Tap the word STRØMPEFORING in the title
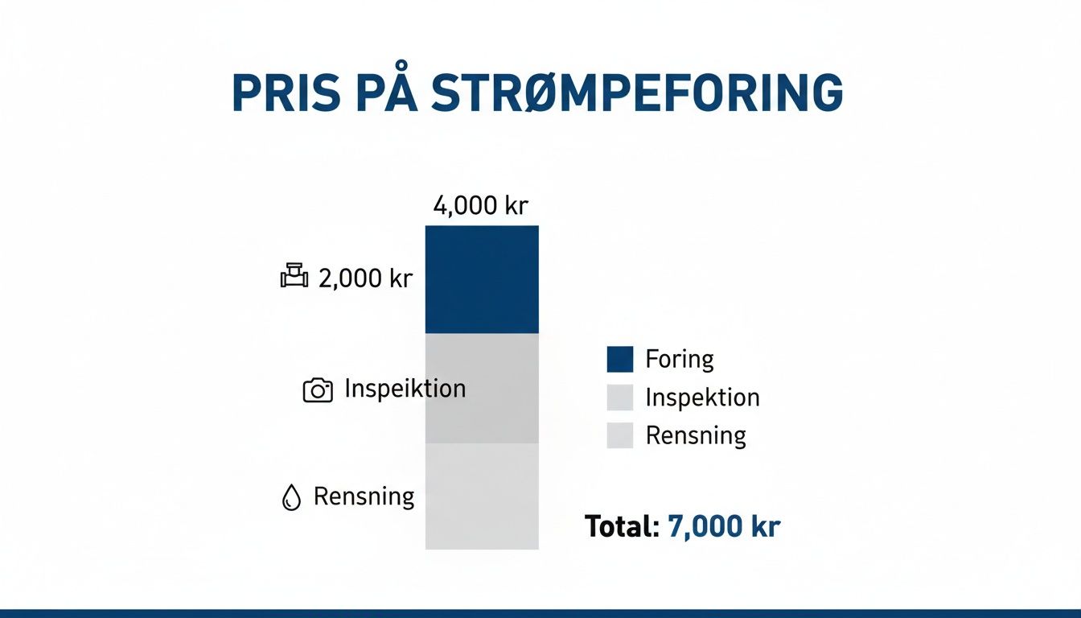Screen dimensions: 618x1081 [637, 93]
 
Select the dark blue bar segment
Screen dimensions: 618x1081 [482, 279]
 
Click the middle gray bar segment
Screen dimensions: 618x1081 [482, 388]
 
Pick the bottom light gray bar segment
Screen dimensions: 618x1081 [482, 496]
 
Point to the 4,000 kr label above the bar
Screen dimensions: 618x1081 [480, 205]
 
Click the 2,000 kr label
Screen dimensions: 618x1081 [365, 278]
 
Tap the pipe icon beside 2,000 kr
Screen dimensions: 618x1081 [294, 276]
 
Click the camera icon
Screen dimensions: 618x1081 [317, 390]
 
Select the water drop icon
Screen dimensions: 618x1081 [290, 498]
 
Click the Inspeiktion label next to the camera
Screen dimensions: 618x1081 [405, 389]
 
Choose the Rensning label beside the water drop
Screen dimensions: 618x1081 [364, 496]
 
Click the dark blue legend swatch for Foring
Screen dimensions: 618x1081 [620, 359]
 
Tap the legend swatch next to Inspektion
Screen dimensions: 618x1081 [620, 398]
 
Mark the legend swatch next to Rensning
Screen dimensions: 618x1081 [620, 435]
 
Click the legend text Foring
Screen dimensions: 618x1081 [680, 359]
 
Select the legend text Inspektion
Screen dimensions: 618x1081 [702, 398]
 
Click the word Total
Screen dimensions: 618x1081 [622, 526]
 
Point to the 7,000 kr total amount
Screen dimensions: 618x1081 [724, 526]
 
